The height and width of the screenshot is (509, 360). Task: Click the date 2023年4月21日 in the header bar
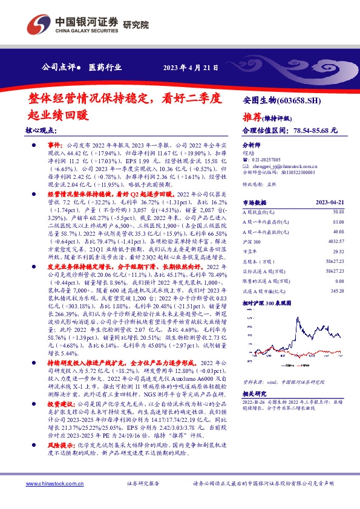pyautogui.click(x=191, y=67)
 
